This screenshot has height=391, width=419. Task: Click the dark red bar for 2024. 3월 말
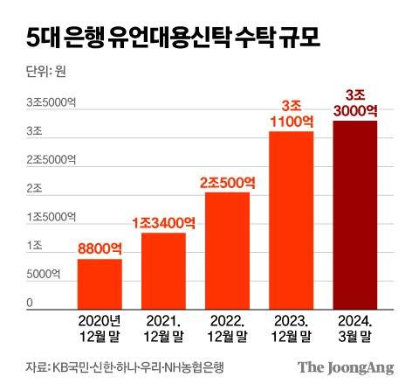354,215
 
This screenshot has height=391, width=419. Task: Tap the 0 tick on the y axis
29,303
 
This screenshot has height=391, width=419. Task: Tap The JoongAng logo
346,367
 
